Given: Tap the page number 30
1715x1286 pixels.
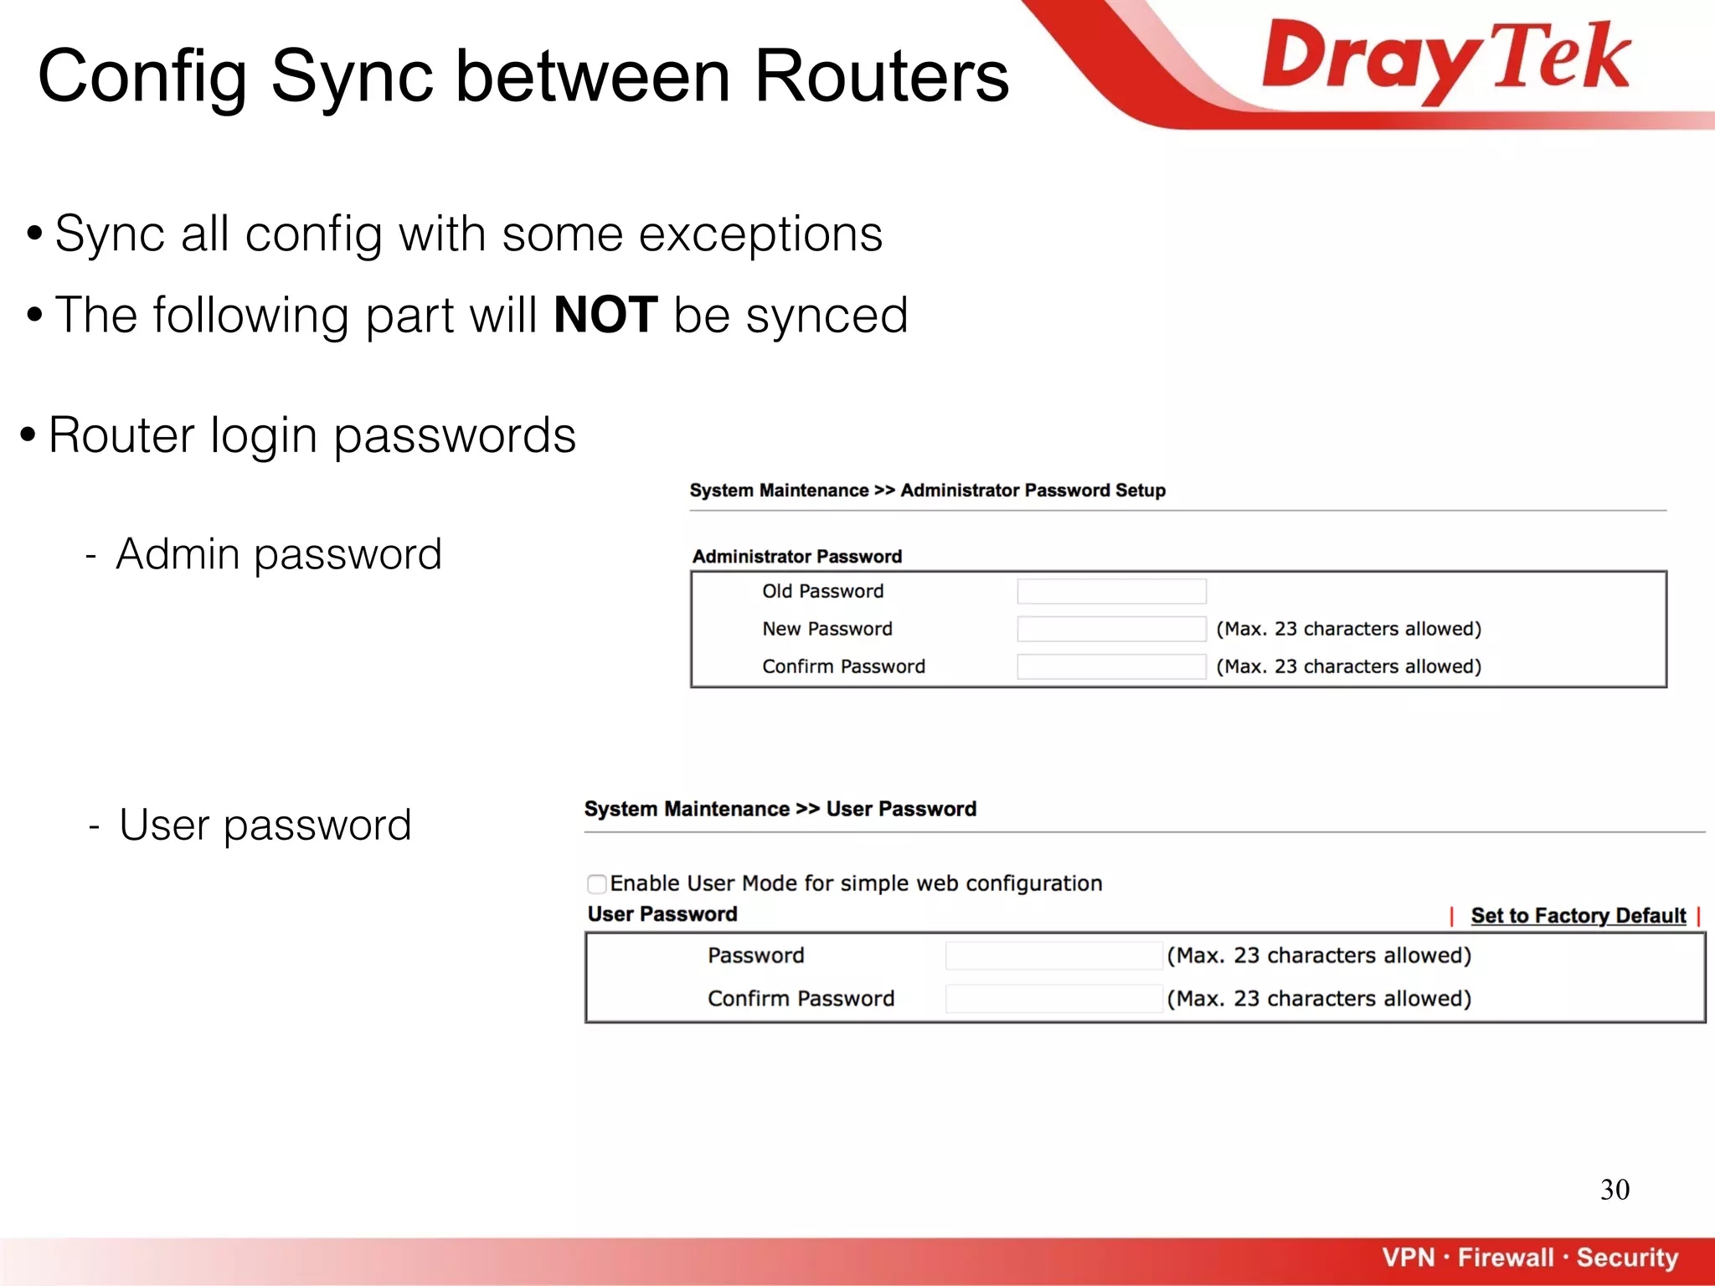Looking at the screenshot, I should (1615, 1190).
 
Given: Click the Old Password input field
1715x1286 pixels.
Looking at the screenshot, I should (1111, 592).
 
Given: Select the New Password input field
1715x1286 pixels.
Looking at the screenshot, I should (1111, 630).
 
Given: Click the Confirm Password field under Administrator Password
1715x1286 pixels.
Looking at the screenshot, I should (1111, 667).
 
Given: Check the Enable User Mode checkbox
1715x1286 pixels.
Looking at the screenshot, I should (597, 884).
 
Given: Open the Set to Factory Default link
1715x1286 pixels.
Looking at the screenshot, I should (1578, 916).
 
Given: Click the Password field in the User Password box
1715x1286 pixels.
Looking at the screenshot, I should (1053, 956).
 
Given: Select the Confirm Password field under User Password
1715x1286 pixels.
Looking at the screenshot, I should (1053, 999).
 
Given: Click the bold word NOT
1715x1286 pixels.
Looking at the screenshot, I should (605, 316).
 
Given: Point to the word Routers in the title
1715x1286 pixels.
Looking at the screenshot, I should (881, 76).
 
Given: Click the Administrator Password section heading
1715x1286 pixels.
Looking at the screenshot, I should (797, 557).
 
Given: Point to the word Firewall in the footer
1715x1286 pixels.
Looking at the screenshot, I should (1505, 1258).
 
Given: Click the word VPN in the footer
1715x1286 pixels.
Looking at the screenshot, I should (1409, 1258).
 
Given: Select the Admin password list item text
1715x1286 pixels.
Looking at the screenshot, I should (279, 554).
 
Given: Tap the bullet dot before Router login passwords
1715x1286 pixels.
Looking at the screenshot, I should (28, 435).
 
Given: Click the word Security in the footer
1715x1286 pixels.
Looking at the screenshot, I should (1627, 1258).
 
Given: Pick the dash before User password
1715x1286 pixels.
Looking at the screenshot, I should (95, 826).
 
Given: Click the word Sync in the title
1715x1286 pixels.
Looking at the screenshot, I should (352, 76).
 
